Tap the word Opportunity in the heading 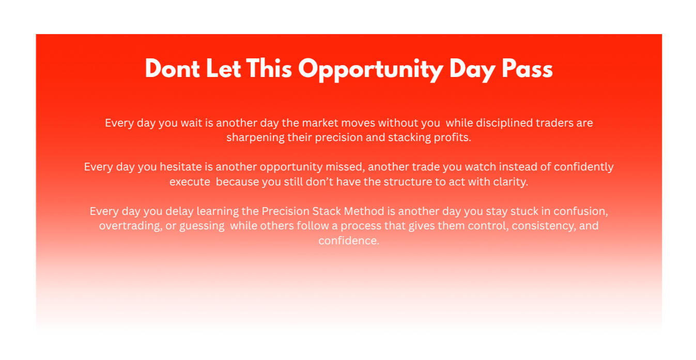[x=370, y=70]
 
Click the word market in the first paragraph [x=320, y=123]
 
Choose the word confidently [x=583, y=167]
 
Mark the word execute [x=190, y=182]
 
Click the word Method [x=364, y=211]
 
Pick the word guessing [x=202, y=226]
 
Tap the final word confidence [x=349, y=241]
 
